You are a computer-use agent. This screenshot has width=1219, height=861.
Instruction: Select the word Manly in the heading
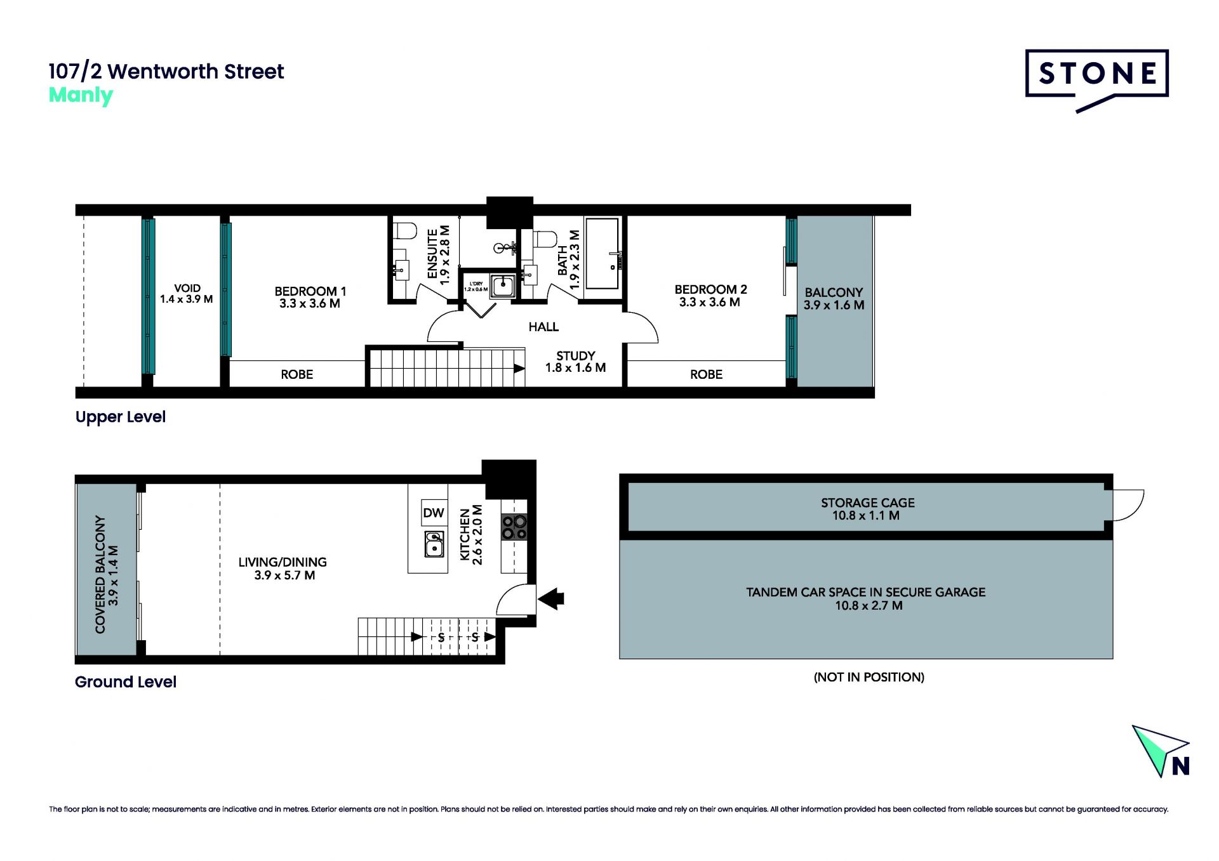point(81,95)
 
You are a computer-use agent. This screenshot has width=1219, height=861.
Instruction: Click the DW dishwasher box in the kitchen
point(434,513)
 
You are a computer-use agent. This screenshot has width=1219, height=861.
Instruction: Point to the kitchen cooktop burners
point(514,527)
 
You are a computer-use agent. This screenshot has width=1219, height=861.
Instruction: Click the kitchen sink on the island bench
point(434,544)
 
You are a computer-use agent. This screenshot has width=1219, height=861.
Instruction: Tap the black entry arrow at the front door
point(551,598)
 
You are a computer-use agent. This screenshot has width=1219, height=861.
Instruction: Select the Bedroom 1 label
point(310,297)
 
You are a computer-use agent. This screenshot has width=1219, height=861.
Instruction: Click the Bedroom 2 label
point(710,296)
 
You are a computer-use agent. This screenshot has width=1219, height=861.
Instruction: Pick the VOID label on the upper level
point(187,293)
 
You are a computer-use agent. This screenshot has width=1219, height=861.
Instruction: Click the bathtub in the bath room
point(602,254)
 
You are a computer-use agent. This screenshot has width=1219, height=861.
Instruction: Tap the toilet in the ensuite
point(404,230)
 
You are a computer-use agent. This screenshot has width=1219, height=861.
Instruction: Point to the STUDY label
point(575,362)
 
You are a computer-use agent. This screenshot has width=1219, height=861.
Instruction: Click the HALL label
point(543,327)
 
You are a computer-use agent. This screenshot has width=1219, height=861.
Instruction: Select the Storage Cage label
point(867,509)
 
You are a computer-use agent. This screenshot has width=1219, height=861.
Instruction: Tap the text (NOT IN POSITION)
point(869,677)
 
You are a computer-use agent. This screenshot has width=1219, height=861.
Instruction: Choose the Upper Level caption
point(121,417)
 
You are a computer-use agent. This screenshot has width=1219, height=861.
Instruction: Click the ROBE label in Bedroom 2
point(706,374)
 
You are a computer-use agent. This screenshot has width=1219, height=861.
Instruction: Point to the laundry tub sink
point(503,286)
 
